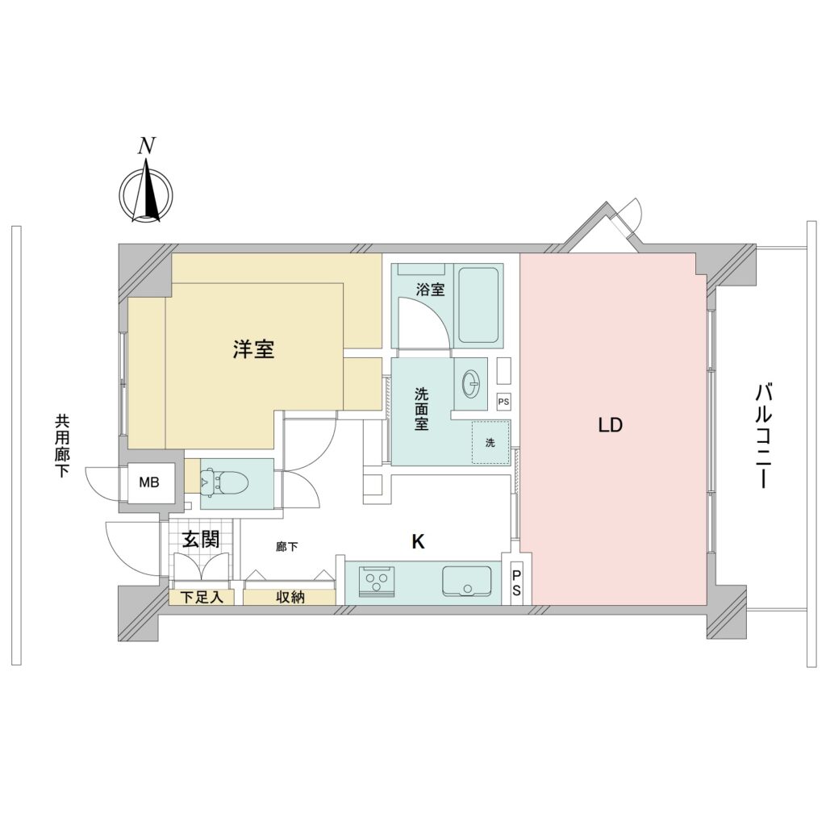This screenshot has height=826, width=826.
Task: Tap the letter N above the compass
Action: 147,146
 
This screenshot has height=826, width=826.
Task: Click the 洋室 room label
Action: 254,348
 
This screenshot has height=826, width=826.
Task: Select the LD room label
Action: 611,424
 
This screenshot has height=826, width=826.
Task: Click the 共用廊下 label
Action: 62,446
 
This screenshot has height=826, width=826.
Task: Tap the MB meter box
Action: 149,482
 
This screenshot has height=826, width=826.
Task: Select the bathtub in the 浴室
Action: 478,306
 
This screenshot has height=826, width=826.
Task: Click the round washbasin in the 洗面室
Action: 470,383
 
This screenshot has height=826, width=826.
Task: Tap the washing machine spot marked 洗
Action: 490,443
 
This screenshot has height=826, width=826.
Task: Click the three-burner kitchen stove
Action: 376,581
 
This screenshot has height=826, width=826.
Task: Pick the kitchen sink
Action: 467,581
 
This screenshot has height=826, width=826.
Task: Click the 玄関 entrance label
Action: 201,539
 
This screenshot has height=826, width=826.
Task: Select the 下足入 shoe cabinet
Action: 202,597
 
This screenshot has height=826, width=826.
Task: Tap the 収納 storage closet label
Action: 290,597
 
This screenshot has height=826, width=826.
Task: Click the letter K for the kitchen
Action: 418,541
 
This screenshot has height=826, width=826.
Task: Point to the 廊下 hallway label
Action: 286,547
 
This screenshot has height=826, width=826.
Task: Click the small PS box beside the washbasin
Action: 503,402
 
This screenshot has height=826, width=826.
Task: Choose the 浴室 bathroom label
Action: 431,290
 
